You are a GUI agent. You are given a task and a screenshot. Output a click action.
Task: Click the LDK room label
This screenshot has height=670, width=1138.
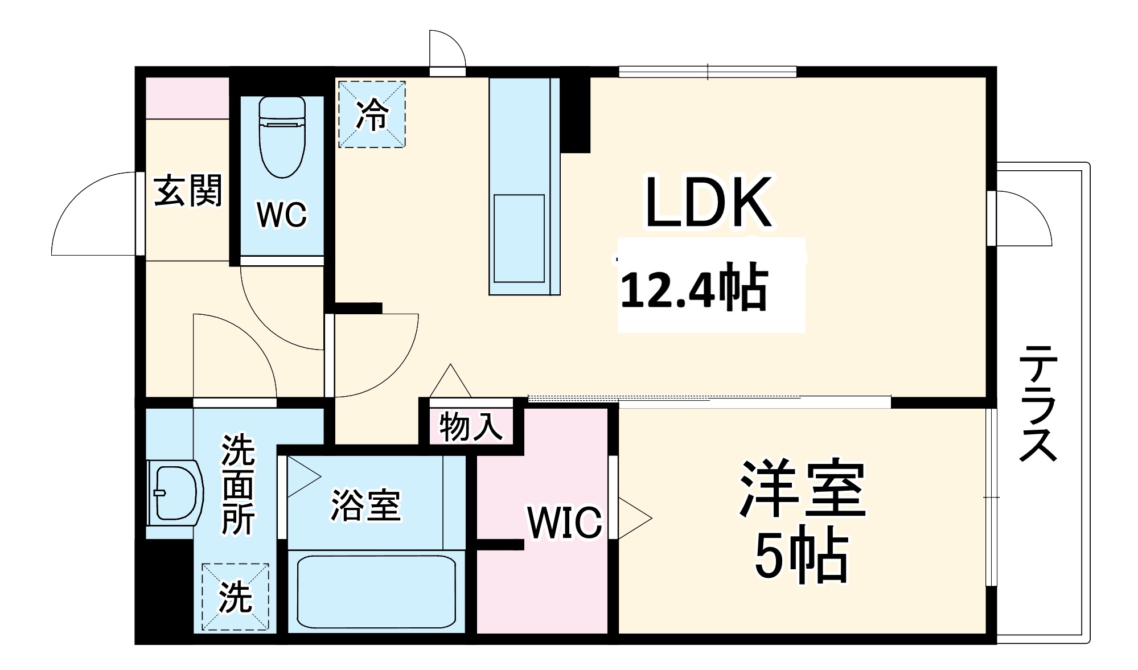tap(708, 203)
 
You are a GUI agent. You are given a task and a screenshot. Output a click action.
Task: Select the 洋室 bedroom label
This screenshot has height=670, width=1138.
tap(803, 488)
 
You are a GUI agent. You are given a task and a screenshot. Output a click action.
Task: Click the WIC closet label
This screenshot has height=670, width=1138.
tap(564, 522)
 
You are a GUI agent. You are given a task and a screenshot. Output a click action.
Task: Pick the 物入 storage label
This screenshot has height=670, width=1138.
tap(471, 426)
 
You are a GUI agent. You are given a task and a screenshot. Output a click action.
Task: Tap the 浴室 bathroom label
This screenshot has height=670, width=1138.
tap(366, 505)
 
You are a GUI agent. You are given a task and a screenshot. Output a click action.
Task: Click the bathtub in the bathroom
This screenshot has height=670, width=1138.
tap(376, 591)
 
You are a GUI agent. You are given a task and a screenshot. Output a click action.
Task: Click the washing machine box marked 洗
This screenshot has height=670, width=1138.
tap(235, 597)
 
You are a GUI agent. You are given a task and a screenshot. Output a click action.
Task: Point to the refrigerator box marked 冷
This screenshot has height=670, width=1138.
tap(372, 114)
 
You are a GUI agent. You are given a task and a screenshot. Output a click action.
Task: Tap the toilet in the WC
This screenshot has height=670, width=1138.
tap(282, 137)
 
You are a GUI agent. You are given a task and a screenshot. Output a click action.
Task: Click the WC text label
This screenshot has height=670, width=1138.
tap(282, 215)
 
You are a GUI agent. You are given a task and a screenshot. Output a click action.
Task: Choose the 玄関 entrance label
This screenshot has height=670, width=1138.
tap(188, 191)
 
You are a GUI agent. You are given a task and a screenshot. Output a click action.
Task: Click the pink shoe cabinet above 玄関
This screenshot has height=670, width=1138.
tap(187, 98)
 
